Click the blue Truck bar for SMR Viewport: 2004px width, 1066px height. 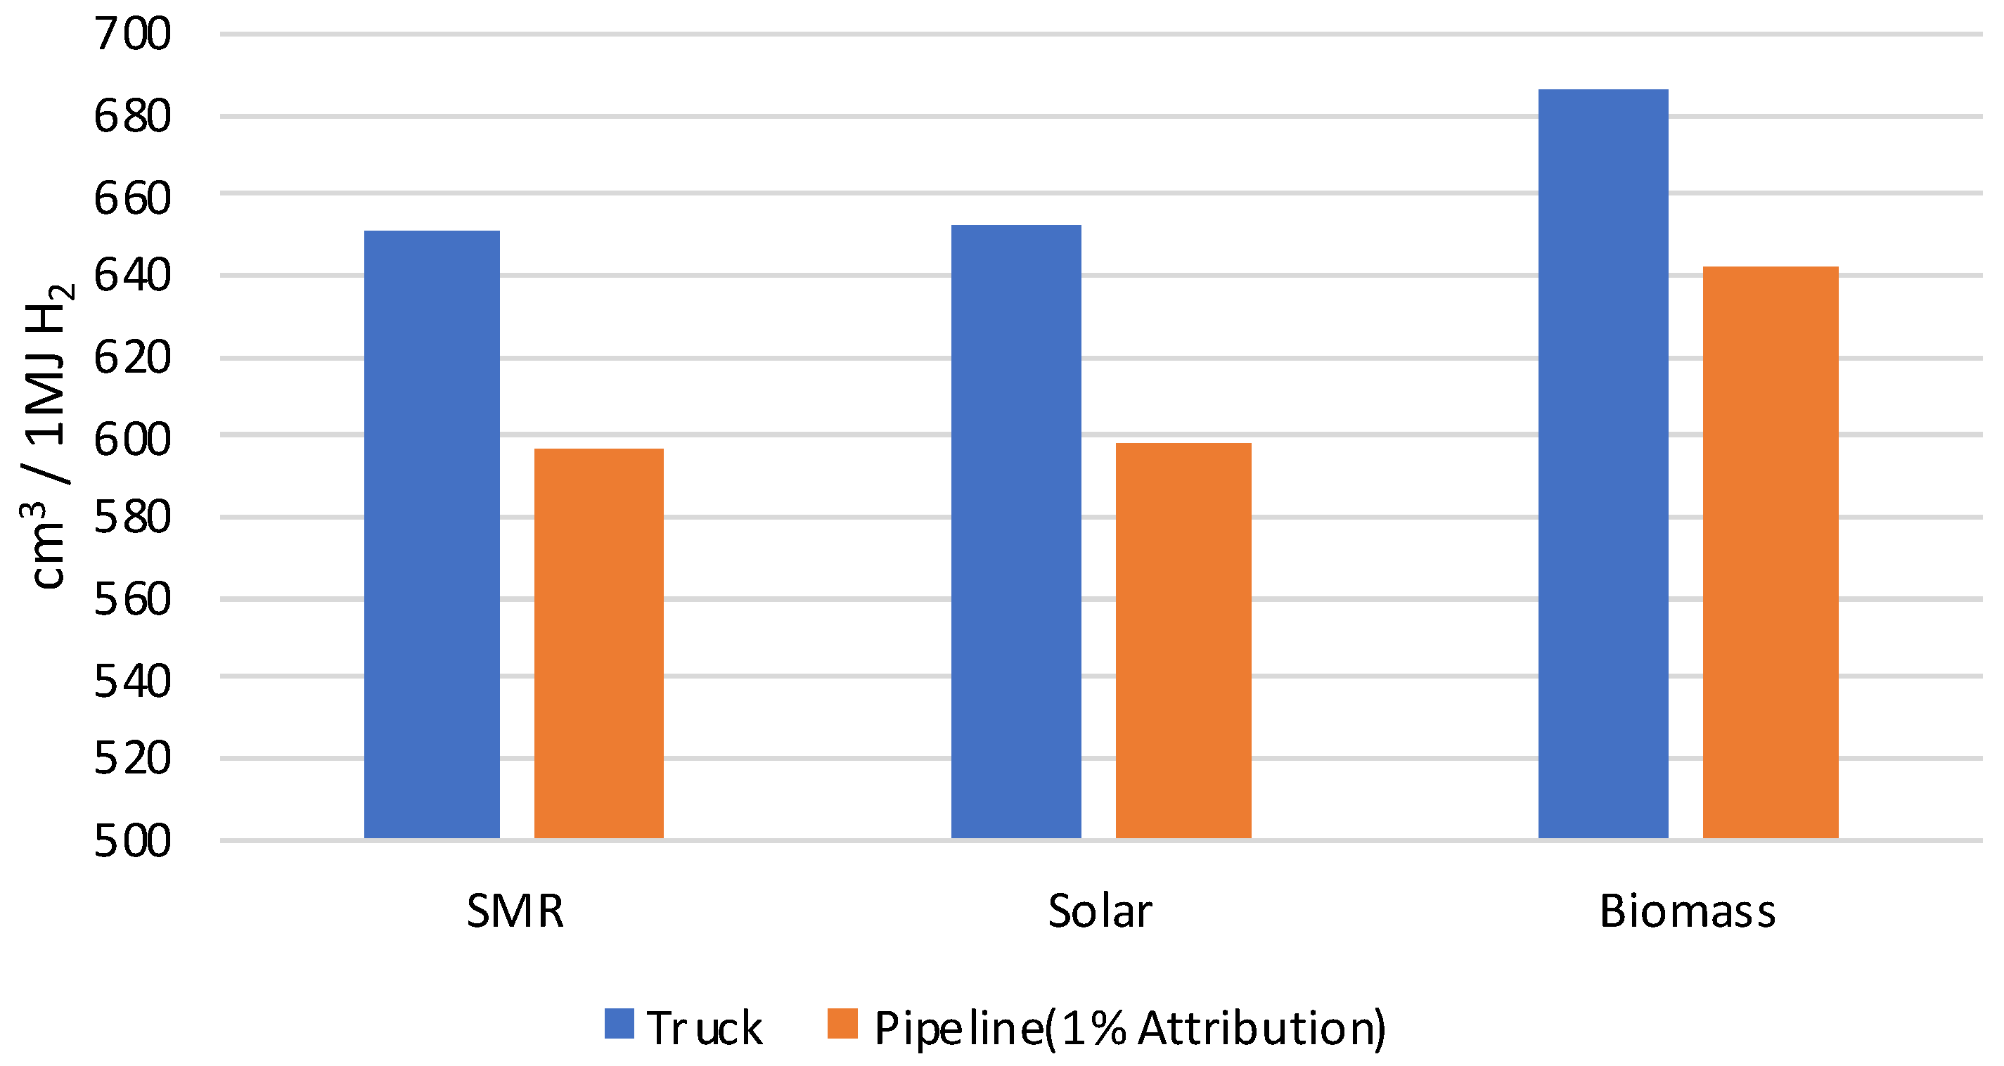pyautogui.click(x=432, y=534)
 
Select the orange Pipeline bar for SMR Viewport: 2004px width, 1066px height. pyautogui.click(x=598, y=643)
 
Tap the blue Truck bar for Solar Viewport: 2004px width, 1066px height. pyautogui.click(x=1016, y=531)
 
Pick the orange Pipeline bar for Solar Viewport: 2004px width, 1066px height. pyautogui.click(x=1183, y=640)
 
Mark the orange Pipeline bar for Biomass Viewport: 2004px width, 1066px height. pyautogui.click(x=1770, y=552)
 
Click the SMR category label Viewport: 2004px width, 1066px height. pyautogui.click(x=515, y=911)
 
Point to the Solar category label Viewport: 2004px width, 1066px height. pyautogui.click(x=1099, y=911)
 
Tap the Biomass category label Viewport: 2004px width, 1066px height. pyautogui.click(x=1688, y=911)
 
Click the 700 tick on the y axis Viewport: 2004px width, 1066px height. pyautogui.click(x=132, y=34)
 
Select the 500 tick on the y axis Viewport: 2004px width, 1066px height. pyautogui.click(x=132, y=841)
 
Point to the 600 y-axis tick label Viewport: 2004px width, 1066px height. pyautogui.click(x=132, y=439)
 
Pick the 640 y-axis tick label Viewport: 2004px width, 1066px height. pyautogui.click(x=132, y=276)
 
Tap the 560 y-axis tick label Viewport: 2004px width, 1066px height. pyautogui.click(x=132, y=599)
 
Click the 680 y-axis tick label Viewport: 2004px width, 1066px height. pyautogui.click(x=132, y=117)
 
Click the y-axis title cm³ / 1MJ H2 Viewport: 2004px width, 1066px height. pyautogui.click(x=46, y=436)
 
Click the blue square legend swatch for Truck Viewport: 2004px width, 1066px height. pyautogui.click(x=619, y=1024)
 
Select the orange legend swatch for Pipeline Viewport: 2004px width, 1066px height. pyautogui.click(x=842, y=1024)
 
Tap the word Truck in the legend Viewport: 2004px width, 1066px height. pyautogui.click(x=704, y=1028)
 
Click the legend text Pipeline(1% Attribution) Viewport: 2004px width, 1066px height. pyautogui.click(x=1129, y=1028)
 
